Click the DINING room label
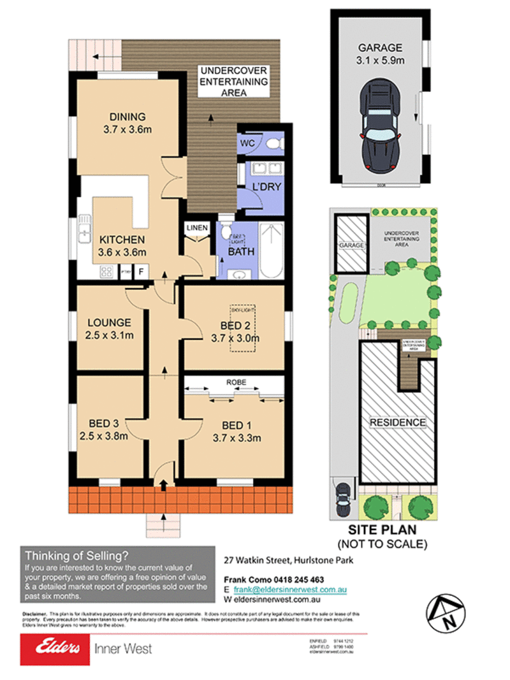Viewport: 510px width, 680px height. [x=127, y=117]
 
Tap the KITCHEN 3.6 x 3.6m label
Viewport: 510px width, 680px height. [x=122, y=246]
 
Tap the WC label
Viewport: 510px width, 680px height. [x=248, y=143]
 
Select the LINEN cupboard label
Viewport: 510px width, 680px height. [x=195, y=228]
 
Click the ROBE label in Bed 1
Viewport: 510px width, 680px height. [x=235, y=382]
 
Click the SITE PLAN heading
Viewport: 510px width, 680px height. [x=382, y=530]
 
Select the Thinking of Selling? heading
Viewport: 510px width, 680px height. [x=76, y=555]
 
